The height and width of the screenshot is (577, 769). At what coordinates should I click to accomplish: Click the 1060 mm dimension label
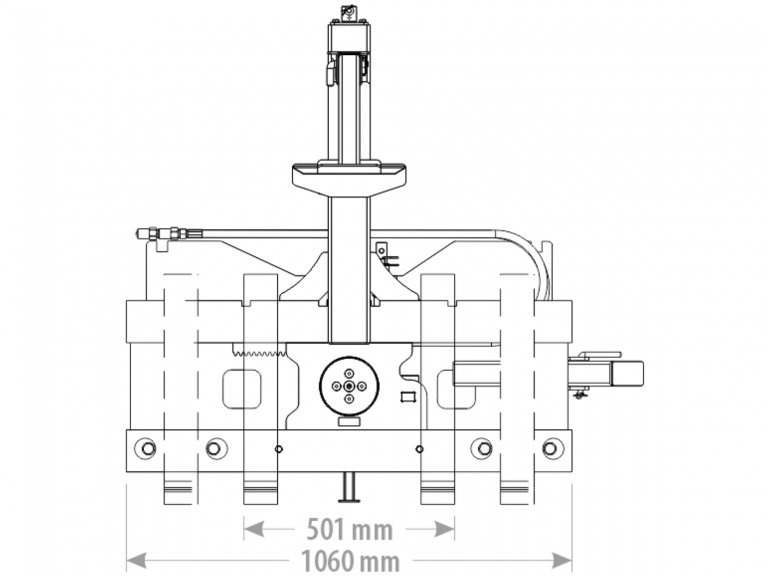pos(350,561)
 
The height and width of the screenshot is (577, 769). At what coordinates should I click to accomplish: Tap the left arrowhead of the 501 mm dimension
pos(253,528)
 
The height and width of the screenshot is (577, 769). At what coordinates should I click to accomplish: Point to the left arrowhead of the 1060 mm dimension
pos(136,560)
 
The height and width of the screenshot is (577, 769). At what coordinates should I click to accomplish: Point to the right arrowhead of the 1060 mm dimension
pos(561,560)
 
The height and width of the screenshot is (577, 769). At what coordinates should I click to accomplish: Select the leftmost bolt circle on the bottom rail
pos(145,448)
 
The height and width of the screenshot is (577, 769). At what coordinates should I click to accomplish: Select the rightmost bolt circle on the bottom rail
pos(553,448)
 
